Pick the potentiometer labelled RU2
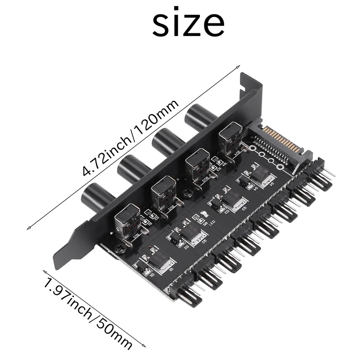click(163, 193)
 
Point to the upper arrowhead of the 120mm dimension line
click(237, 66)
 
